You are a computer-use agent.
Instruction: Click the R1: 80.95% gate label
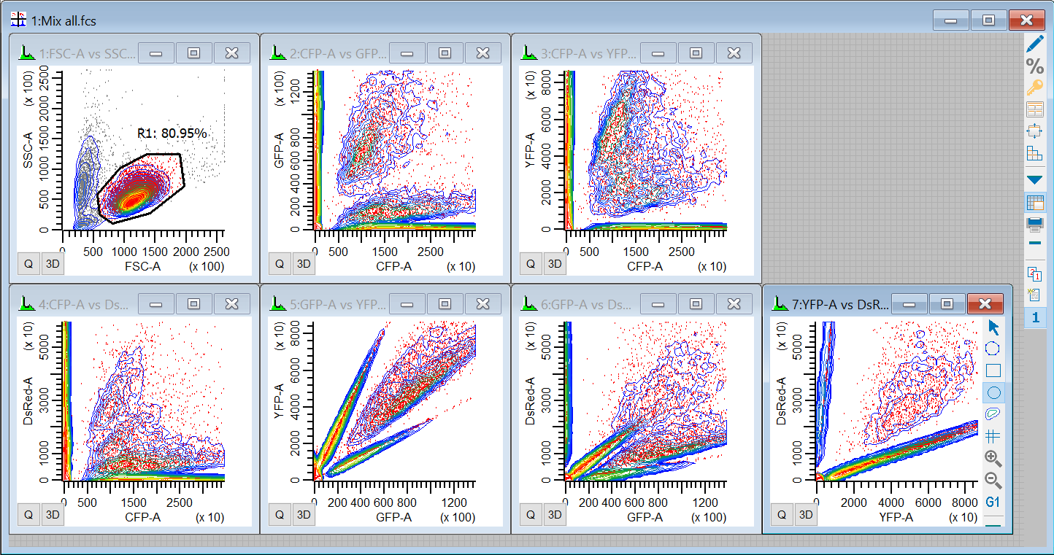point(172,133)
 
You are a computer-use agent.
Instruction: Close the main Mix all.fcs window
point(1026,20)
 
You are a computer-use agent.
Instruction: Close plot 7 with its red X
point(985,303)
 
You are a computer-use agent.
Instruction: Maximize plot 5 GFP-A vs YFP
point(445,303)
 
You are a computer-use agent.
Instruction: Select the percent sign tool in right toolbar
point(1034,66)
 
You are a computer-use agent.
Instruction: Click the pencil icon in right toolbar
point(1034,44)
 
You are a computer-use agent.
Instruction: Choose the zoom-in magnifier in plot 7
point(993,459)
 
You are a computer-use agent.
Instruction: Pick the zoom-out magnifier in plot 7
point(993,481)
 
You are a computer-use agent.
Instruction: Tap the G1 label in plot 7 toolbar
point(993,502)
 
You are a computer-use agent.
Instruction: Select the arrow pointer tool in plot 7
point(993,327)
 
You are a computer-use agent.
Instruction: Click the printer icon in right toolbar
point(1034,223)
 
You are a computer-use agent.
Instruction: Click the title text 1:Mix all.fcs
point(64,20)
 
